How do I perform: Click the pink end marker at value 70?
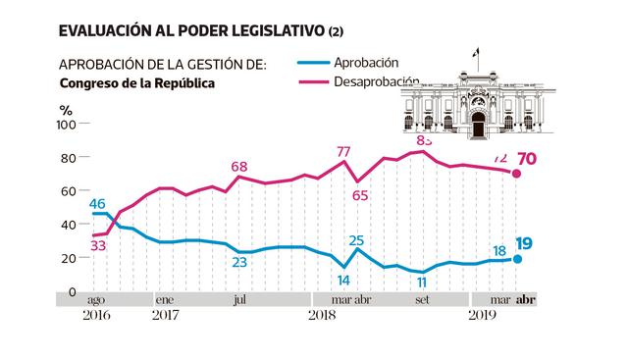pyautogui.click(x=517, y=175)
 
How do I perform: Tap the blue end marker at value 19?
pyautogui.click(x=517, y=259)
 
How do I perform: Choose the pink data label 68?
pyautogui.click(x=240, y=167)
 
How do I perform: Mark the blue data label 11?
pyautogui.click(x=422, y=284)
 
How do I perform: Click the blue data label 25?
pyautogui.click(x=356, y=239)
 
